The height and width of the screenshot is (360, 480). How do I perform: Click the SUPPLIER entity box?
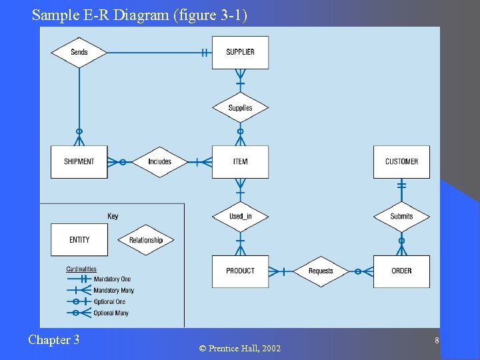pos(240,53)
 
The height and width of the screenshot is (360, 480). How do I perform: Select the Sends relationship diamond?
pos(79,53)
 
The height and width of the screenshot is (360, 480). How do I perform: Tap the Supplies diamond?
pos(240,108)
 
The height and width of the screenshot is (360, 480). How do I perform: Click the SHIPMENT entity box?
pos(79,162)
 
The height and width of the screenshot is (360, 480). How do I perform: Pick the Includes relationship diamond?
pos(159,162)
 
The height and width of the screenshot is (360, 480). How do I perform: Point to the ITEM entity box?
pos(240,162)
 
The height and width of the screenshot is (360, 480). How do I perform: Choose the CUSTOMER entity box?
pos(401,162)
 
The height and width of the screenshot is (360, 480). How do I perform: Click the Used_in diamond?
pos(240,217)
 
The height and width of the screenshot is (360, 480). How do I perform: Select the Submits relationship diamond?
pos(401,217)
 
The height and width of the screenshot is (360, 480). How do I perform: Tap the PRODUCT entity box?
pos(240,271)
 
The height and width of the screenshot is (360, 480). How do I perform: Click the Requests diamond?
pos(321,271)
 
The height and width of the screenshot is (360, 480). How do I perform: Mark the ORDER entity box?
pos(401,271)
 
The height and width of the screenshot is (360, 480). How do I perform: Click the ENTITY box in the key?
pos(79,240)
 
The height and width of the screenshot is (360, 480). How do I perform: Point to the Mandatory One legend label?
pos(112,279)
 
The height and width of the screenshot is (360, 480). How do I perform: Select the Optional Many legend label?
pos(111,313)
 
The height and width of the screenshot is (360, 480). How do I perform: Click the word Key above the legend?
pos(113,216)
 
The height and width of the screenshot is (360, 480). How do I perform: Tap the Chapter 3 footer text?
pos(53,340)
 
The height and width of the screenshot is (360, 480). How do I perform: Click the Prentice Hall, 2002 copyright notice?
pos(240,349)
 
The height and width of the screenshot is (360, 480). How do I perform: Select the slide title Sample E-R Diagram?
pos(139,14)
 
